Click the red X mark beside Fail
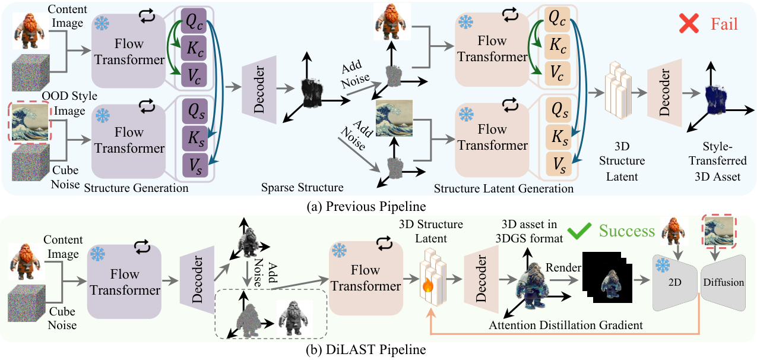(689, 24)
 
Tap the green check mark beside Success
(579, 231)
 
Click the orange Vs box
(559, 164)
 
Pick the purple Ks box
(195, 138)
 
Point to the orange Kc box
(558, 46)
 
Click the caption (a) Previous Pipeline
(366, 206)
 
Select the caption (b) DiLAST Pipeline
(366, 349)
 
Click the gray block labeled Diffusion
(724, 283)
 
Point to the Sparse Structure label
(302, 187)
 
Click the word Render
(563, 267)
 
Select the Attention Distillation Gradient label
(566, 325)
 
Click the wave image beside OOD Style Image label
(30, 122)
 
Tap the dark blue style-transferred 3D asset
(715, 99)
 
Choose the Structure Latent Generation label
(503, 188)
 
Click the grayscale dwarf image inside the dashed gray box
(294, 318)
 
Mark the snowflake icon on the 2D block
(663, 266)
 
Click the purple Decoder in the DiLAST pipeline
(197, 280)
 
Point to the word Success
(627, 231)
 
